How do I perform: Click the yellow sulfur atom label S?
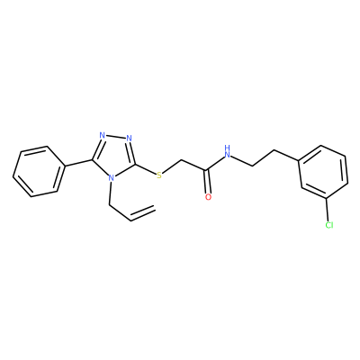click(159, 175)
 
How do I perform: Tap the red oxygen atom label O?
click(208, 197)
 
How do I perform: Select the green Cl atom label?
click(329, 225)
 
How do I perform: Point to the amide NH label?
click(228, 152)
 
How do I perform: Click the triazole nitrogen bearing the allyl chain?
click(112, 178)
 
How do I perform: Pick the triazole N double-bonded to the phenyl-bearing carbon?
click(103, 135)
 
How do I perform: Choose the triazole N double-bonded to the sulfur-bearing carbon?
click(130, 139)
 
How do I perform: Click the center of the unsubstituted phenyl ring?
click(39, 172)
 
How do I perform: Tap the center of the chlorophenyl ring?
click(324, 172)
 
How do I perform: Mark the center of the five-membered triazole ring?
click(114, 156)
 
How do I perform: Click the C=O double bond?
click(207, 182)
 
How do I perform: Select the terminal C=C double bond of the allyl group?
click(143, 213)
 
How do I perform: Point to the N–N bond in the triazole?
click(116, 137)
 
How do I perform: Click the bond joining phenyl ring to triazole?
click(78, 162)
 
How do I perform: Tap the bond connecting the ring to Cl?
click(328, 210)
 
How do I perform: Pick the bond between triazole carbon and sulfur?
click(146, 169)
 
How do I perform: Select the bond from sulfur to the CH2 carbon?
click(172, 166)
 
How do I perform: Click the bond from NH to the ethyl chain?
click(242, 160)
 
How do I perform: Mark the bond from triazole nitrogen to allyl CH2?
click(110, 193)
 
